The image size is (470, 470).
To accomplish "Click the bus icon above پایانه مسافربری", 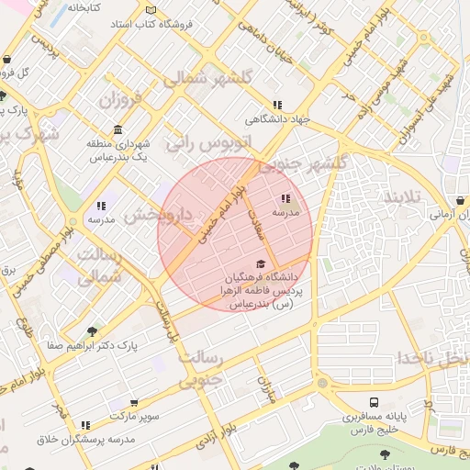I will pos(375,401).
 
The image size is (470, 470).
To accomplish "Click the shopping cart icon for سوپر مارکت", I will pos(134,402).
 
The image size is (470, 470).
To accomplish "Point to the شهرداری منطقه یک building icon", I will pos(117,130).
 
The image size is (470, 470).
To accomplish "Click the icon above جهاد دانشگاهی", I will pos(277,105).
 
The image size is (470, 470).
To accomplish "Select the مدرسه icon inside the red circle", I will pos(286,198).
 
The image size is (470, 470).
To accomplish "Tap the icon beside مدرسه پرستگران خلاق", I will pos(85,425).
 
